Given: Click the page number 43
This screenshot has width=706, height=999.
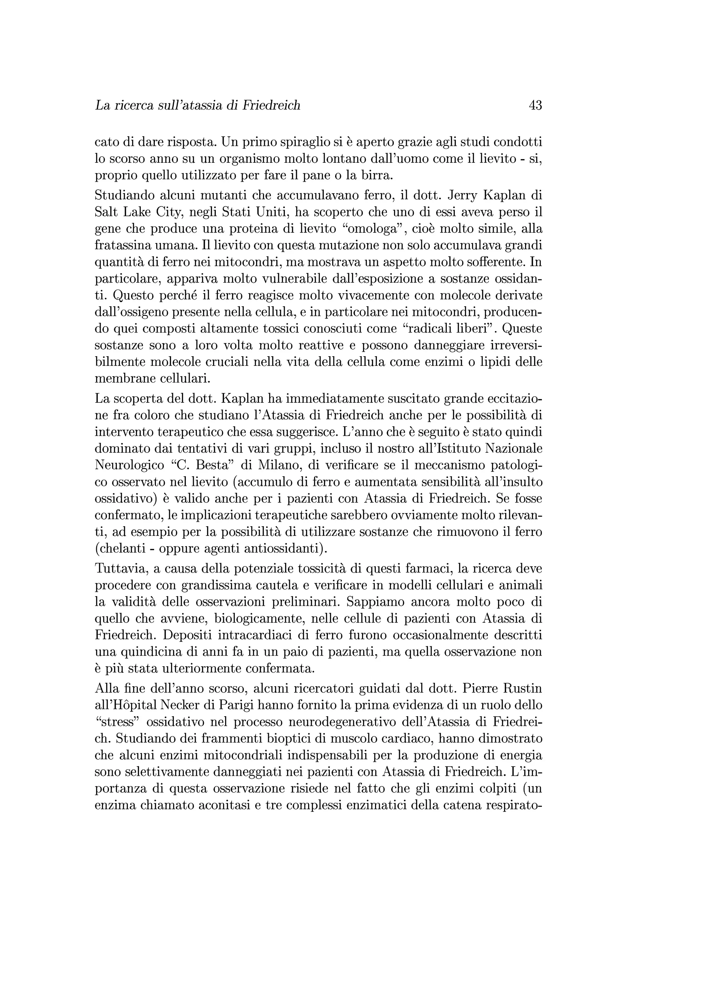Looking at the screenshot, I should [535, 105].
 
